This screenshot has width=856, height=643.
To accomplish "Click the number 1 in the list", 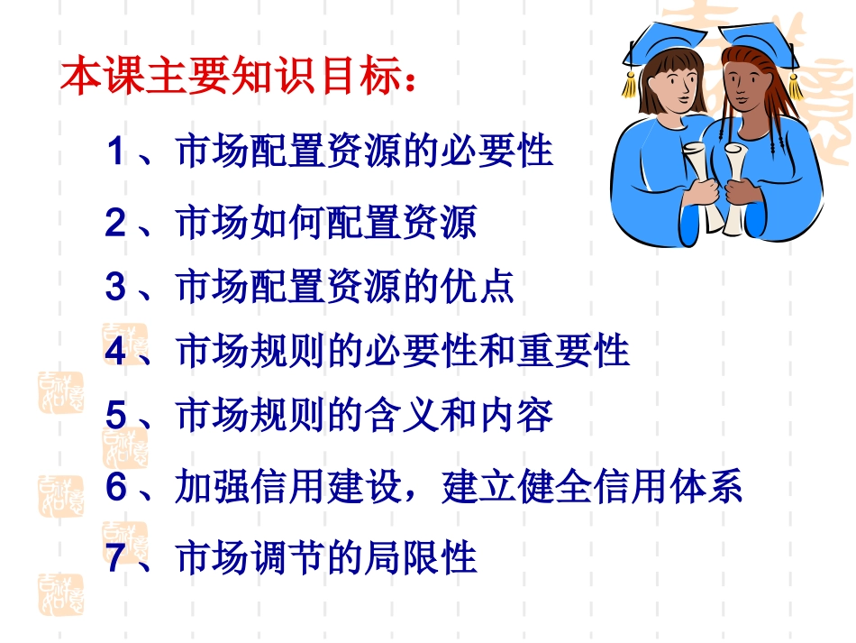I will click(x=114, y=150).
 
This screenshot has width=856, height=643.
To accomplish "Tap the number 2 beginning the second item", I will click(x=114, y=222).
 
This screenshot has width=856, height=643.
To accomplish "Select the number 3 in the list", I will click(x=114, y=287).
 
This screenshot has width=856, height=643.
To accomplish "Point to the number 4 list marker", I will click(x=114, y=351).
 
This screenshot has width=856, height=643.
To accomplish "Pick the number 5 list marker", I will click(x=114, y=415).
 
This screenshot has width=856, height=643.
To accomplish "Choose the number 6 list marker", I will click(x=114, y=487).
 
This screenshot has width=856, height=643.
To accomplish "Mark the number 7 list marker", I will click(x=114, y=557).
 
